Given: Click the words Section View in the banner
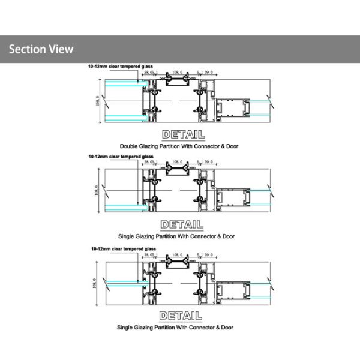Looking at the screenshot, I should click(40, 49).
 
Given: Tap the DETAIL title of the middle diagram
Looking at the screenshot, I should click(182, 224).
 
